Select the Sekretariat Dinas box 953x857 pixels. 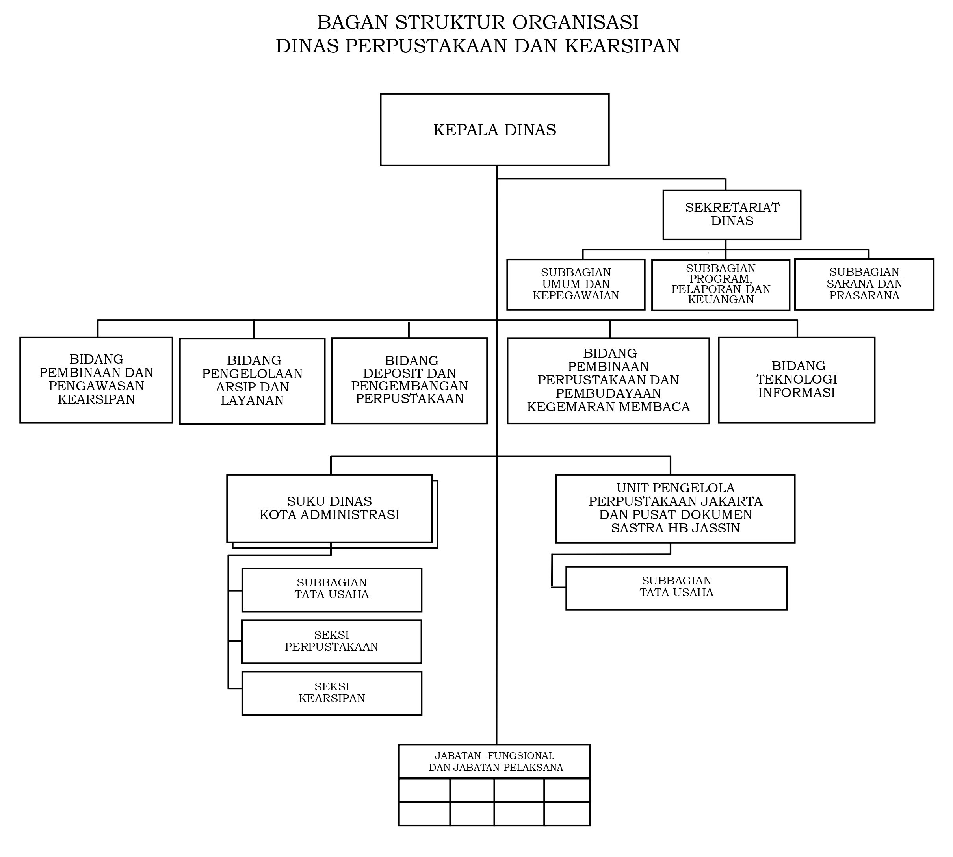coord(732,215)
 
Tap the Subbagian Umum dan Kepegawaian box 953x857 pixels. coord(576,284)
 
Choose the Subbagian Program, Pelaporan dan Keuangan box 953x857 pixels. coord(720,284)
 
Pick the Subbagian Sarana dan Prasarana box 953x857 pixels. coord(864,284)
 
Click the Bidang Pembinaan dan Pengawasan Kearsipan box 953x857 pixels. coord(96,380)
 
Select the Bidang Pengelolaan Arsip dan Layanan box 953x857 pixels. coord(252,381)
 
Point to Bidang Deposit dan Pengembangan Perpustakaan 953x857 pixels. coord(409,380)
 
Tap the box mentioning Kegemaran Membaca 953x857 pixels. coord(608,380)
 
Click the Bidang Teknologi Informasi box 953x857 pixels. coord(796,380)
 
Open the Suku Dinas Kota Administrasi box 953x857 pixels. coord(329,508)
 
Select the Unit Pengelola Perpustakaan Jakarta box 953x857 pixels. coord(675,508)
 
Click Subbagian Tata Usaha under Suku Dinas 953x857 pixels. coord(332,590)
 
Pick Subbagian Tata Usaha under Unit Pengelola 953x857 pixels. coord(676,588)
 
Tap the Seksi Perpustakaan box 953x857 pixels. coord(332,641)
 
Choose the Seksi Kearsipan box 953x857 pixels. coord(332,693)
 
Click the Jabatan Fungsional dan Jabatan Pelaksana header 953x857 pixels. coord(494,761)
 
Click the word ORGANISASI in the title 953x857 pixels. coord(575,22)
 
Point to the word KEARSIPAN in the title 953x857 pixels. coord(622,46)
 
